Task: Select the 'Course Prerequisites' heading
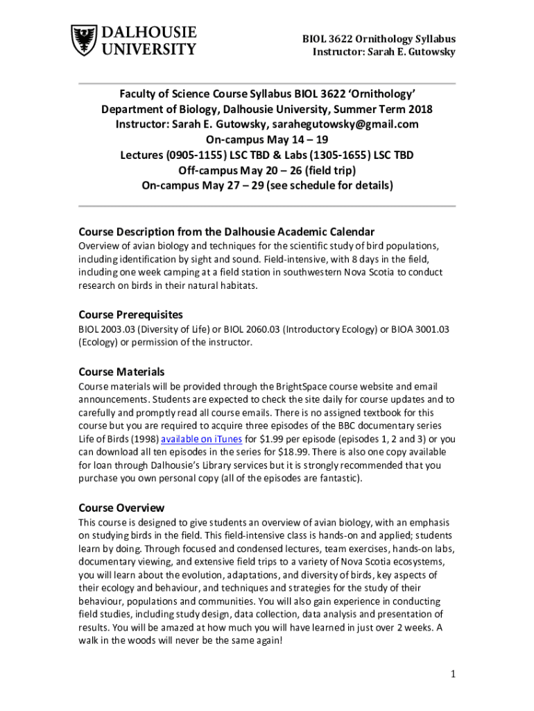point(130,314)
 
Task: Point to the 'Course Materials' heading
point(121,371)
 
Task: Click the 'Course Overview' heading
point(121,508)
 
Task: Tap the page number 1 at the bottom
point(451,674)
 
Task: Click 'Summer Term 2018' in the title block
point(379,109)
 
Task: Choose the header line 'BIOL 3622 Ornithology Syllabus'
point(379,39)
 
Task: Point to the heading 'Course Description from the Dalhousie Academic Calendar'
point(226,231)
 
